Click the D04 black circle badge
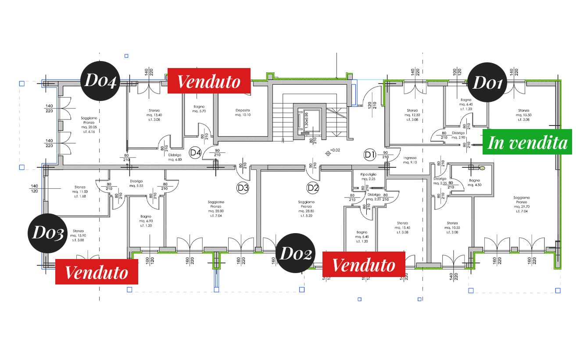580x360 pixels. (x=100, y=82)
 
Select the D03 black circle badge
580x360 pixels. (x=48, y=233)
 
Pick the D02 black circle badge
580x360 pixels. (x=296, y=253)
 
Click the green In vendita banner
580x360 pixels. (x=527, y=142)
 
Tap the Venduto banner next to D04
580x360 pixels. (x=209, y=81)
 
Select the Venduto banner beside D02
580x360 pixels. (x=363, y=264)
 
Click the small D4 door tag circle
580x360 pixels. (x=195, y=153)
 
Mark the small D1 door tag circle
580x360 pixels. (x=370, y=154)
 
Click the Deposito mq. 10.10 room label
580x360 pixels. (x=243, y=113)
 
